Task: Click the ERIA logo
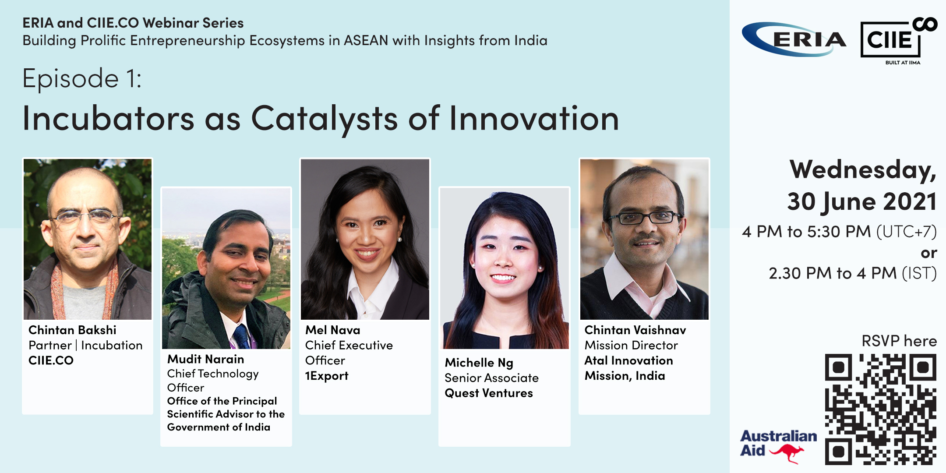pyautogui.click(x=794, y=39)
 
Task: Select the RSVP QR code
pyautogui.click(x=881, y=409)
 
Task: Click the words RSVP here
pyautogui.click(x=899, y=341)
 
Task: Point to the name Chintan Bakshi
pyautogui.click(x=72, y=330)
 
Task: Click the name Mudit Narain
pyautogui.click(x=206, y=359)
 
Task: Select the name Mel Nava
pyautogui.click(x=333, y=330)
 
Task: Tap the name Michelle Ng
pyautogui.click(x=479, y=363)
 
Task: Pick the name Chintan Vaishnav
pyautogui.click(x=635, y=330)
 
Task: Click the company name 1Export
pyautogui.click(x=327, y=376)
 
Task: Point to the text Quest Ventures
pyautogui.click(x=489, y=393)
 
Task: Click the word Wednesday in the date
pyautogui.click(x=863, y=170)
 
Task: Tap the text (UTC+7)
pyautogui.click(x=907, y=231)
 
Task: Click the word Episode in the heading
pyautogui.click(x=71, y=79)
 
